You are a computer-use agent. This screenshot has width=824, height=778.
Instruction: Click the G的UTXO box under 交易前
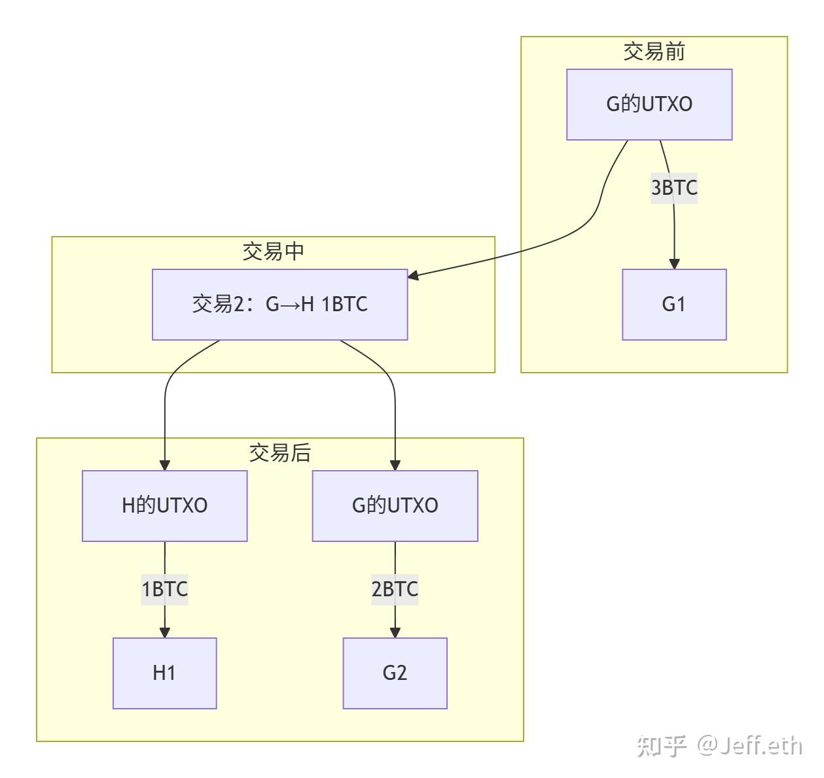tap(649, 105)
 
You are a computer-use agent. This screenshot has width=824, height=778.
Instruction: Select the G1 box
tap(674, 305)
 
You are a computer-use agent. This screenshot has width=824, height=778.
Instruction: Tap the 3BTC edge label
tap(673, 188)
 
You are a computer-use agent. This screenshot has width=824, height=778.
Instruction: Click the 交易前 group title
tap(654, 52)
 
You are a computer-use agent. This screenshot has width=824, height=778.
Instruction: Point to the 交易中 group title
tap(273, 252)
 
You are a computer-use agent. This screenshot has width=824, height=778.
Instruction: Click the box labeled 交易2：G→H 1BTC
tap(279, 305)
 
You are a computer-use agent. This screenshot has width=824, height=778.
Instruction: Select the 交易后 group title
tap(279, 453)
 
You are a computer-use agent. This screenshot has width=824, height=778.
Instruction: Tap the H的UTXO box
tap(164, 506)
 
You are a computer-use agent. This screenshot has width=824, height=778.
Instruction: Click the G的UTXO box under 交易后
tap(395, 506)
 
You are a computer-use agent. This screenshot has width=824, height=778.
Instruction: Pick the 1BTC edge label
tap(164, 589)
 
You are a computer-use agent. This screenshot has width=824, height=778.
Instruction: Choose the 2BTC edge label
tap(395, 589)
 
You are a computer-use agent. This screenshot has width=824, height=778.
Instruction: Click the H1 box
tap(164, 673)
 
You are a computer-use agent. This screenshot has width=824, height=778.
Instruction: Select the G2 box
tap(395, 673)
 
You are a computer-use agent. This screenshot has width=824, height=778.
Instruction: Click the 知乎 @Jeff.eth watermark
tap(719, 745)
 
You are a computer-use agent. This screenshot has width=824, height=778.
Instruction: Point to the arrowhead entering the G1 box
tap(674, 263)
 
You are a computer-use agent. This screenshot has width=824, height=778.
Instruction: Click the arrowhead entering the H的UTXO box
tap(164, 465)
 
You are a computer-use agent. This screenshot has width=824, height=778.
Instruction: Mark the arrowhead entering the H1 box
tap(164, 632)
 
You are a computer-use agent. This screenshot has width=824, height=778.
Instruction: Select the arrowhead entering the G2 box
tap(395, 632)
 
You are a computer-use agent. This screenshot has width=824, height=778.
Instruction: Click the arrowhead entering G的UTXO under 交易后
tap(395, 465)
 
